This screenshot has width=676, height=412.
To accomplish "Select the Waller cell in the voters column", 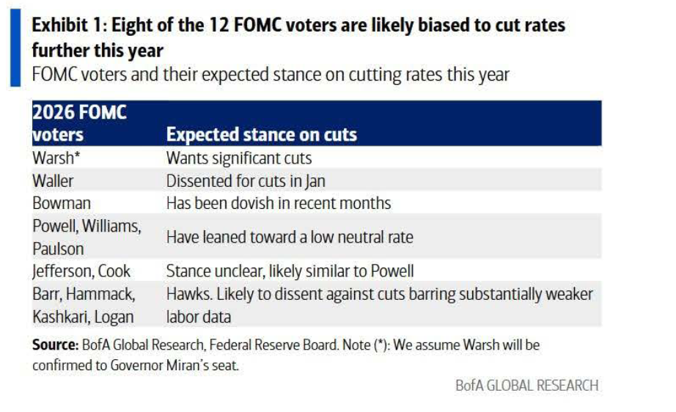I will point(53,180).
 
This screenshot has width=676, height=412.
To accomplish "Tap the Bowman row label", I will point(60,203).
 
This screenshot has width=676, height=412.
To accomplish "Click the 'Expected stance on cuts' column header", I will point(261,135).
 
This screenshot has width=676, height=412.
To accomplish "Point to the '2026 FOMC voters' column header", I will point(79,124).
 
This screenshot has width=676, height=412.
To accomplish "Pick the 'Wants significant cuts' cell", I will point(238,158).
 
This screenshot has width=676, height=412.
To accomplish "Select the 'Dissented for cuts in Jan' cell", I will point(245,180).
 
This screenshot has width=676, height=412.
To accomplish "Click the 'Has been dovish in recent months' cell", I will point(278,203).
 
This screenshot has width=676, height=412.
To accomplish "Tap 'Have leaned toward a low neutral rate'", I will point(289,237).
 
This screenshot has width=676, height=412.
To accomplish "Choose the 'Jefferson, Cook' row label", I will point(81,271).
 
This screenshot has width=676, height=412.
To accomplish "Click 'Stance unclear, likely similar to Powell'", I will point(290,271).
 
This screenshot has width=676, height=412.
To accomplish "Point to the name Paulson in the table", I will point(58,249).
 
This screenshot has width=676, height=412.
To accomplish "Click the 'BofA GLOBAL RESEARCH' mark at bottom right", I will point(526,385).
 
